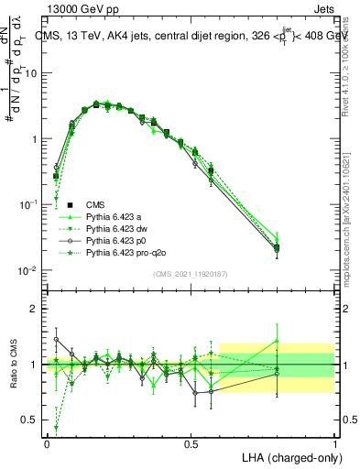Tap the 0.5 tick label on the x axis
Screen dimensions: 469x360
[191, 442]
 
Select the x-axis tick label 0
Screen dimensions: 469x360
[47, 442]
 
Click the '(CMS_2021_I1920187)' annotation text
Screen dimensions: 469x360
[191, 274]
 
